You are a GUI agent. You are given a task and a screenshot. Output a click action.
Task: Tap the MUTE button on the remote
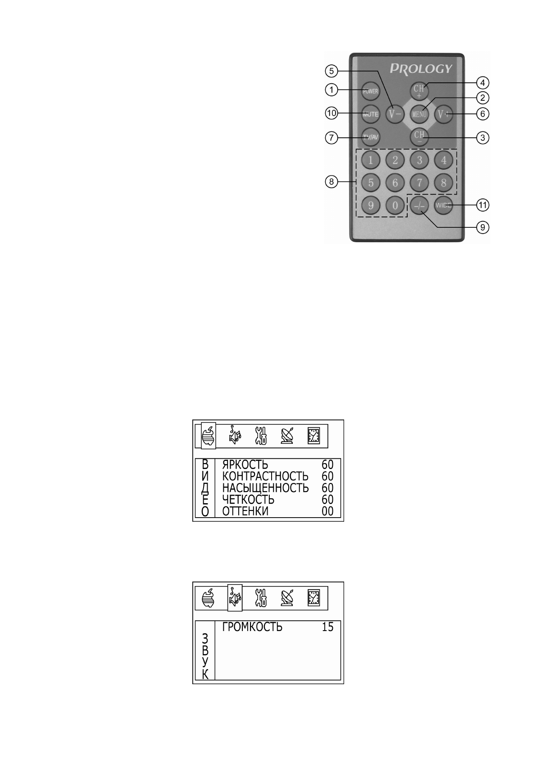[x=371, y=114]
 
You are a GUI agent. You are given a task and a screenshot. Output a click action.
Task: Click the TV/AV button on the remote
[x=371, y=137]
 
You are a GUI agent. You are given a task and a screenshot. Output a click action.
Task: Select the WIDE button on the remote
[x=443, y=206]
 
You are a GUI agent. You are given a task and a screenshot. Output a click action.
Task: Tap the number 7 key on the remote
[x=419, y=183]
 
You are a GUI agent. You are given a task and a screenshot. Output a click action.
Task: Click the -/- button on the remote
[x=419, y=206]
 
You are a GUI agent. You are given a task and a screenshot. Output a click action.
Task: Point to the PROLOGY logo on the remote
[x=421, y=69]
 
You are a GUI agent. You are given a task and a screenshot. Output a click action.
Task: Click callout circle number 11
[x=483, y=205]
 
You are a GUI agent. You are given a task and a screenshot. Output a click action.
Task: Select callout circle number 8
[x=332, y=182]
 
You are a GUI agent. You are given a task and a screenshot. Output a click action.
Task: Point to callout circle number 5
[x=331, y=70]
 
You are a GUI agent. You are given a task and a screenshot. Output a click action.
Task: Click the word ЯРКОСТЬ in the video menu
[x=245, y=465]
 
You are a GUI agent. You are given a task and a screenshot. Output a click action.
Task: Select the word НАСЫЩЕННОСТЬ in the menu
[x=265, y=488]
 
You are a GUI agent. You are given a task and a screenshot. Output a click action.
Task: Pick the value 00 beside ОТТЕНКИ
[x=327, y=511]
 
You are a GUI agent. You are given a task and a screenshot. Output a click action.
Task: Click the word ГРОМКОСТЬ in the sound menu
[x=252, y=627]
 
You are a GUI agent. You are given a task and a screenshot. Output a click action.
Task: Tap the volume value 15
[x=327, y=627]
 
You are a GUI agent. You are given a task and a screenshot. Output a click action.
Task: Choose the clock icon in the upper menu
[x=313, y=436]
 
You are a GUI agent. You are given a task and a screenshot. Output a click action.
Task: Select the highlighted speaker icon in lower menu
[x=235, y=597]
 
